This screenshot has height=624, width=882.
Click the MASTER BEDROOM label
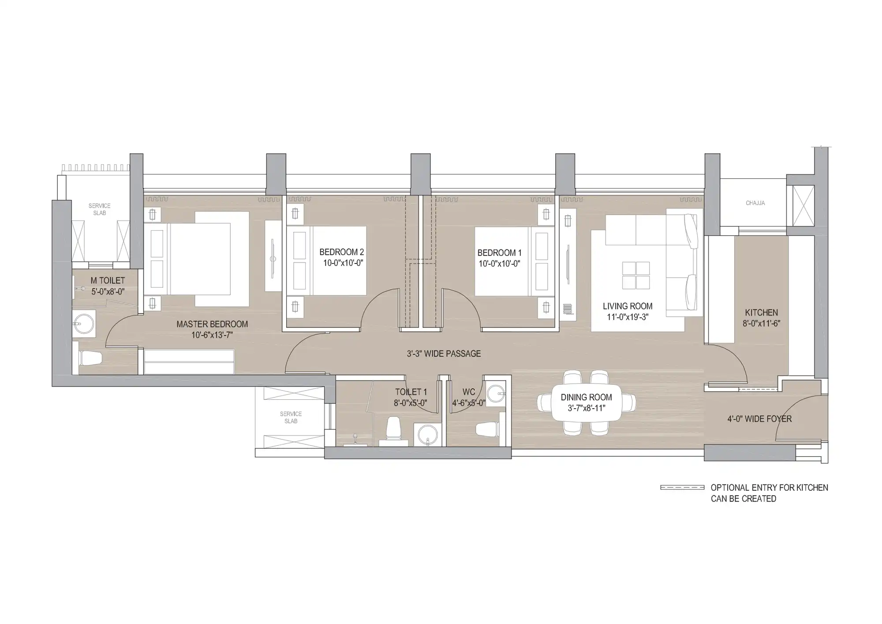[x=212, y=324]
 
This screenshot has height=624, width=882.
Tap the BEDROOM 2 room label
[x=342, y=252]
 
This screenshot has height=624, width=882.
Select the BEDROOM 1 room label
[x=499, y=253]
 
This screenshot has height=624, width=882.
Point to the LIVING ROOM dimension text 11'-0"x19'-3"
[x=628, y=317]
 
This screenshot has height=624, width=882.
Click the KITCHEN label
[x=762, y=312]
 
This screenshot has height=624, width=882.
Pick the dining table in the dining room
[x=587, y=402]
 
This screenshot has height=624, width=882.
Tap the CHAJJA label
[x=755, y=203]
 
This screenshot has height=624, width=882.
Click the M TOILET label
[x=108, y=281]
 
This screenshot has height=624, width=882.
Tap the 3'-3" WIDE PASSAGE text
[x=444, y=353]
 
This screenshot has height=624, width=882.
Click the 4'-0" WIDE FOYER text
[x=759, y=419]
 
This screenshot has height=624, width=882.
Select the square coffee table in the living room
[x=636, y=275]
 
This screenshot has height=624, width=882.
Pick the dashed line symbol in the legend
[x=682, y=488]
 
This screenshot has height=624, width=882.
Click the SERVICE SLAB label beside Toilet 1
[x=291, y=417]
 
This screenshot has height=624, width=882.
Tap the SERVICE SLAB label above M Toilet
[x=100, y=209]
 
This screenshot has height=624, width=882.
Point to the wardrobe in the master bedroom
[x=189, y=362]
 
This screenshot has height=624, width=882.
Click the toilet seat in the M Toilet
[x=90, y=358]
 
